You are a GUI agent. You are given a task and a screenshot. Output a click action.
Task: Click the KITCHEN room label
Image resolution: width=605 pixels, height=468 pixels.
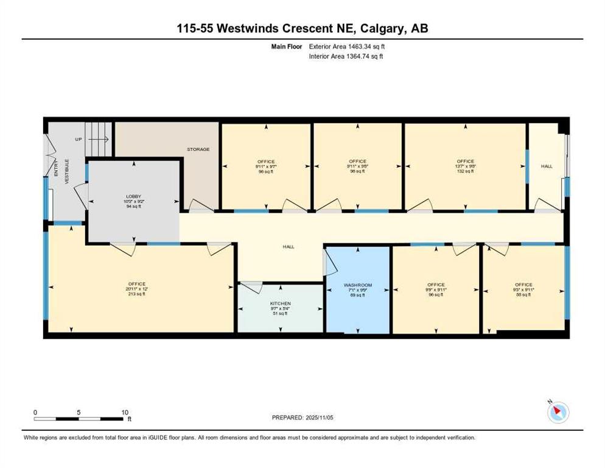281,303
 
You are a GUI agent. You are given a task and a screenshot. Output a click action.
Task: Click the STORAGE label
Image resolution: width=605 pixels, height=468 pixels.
198,149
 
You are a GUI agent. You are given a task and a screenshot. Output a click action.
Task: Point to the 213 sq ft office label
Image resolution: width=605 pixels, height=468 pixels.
136,284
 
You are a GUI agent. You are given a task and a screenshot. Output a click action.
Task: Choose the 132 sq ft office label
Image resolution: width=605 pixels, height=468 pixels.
465,161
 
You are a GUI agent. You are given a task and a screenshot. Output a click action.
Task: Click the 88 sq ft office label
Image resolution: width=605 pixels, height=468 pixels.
523,285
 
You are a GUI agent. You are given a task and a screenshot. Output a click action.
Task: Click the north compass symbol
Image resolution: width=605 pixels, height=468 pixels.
558,413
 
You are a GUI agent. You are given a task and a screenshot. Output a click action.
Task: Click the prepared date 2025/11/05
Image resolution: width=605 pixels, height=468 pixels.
303,417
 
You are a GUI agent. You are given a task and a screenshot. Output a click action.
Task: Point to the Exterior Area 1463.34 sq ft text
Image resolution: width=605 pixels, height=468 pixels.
346,46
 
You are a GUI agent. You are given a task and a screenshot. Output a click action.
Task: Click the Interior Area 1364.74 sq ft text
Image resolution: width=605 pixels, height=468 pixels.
346,57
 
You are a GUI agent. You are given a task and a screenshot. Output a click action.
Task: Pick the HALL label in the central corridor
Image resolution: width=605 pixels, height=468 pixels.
289,247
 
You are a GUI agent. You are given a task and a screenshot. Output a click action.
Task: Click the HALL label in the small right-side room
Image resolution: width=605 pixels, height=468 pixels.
547,166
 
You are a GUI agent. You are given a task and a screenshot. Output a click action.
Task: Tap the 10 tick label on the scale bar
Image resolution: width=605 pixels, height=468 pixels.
124,412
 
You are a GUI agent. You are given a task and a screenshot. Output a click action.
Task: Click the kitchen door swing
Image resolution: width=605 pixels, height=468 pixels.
251,285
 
